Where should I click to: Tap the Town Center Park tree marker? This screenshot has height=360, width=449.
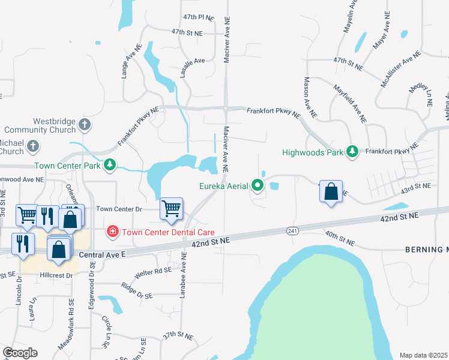(110, 164)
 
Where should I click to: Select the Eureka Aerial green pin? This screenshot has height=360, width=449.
(258, 185)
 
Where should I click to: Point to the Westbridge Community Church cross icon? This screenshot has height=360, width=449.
(85, 125)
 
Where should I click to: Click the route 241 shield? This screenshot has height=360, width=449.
(293, 231)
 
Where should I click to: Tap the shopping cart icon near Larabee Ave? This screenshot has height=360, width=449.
(172, 209)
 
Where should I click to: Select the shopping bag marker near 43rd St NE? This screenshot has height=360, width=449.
(331, 192)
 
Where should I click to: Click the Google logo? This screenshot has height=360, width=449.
(20, 352)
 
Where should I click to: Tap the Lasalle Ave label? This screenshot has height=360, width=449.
(190, 61)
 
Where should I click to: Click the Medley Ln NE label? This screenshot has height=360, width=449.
(421, 95)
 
